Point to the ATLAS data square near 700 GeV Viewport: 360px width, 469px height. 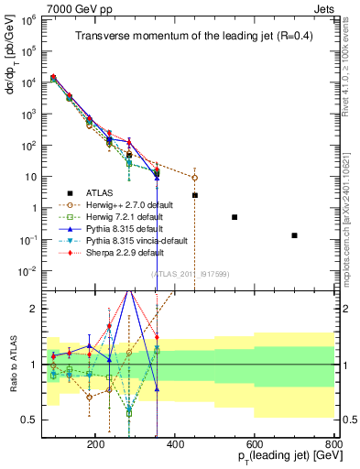[294, 235]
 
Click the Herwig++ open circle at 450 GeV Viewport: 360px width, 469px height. [194, 178]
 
